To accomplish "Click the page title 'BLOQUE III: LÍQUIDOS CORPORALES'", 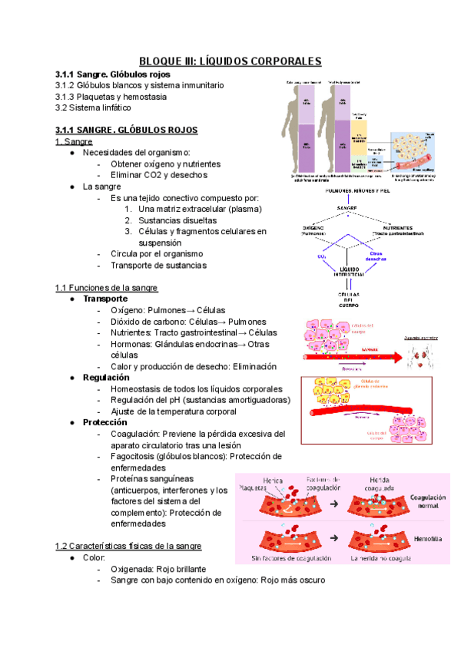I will click(230, 61).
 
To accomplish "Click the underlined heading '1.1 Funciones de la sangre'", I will click(107, 288).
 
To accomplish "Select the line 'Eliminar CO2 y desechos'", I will click(159, 175).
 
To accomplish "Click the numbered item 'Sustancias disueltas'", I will click(179, 220).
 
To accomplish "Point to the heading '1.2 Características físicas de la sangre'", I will click(128, 546).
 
